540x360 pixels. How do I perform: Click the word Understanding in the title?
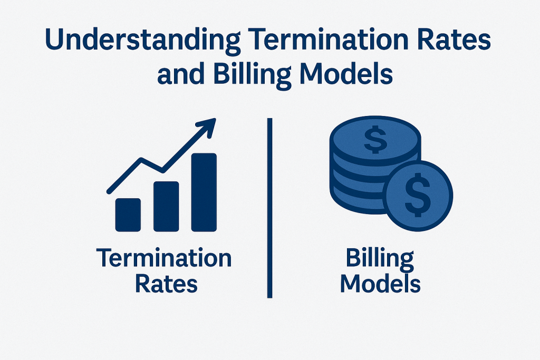[142, 41]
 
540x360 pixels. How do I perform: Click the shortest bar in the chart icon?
[128, 215]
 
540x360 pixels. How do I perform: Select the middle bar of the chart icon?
[166, 207]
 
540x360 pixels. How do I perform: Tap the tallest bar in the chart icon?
[204, 192]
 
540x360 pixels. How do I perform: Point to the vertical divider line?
[269, 208]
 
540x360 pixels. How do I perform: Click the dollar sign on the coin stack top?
[375, 139]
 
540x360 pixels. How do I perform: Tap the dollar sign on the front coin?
[418, 195]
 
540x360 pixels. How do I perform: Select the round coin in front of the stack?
[418, 196]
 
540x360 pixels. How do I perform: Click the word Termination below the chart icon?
[164, 258]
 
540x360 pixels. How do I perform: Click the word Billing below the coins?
[380, 260]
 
